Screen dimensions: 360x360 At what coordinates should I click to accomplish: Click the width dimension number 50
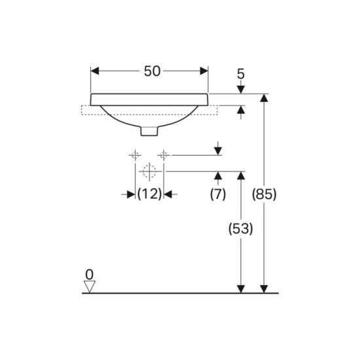click(152, 71)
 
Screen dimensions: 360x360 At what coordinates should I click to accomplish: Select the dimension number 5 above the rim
click(241, 74)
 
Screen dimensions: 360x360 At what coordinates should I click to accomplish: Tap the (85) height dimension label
click(264, 194)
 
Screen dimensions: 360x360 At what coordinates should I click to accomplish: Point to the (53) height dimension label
click(241, 229)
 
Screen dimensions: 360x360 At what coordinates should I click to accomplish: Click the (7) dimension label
click(218, 194)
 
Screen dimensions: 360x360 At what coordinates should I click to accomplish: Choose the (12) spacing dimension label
click(149, 194)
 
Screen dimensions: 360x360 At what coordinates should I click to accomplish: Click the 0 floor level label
click(89, 274)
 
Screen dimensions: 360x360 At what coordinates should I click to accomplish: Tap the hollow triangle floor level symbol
click(89, 287)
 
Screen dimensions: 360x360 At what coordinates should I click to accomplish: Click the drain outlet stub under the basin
click(149, 131)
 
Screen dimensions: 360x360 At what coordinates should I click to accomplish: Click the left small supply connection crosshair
click(135, 155)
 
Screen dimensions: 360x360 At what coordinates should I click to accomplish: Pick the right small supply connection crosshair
click(164, 155)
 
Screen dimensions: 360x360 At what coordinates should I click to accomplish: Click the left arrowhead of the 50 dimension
click(95, 71)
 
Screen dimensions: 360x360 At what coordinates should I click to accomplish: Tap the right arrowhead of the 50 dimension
click(204, 71)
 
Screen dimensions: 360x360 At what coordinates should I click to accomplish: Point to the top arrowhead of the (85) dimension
click(264, 98)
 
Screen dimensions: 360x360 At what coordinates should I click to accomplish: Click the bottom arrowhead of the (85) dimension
click(264, 289)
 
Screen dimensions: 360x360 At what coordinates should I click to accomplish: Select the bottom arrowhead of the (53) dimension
click(241, 289)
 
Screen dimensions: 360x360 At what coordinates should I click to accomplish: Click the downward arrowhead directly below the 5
click(241, 90)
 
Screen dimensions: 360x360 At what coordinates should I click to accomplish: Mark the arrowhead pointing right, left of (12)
click(131, 194)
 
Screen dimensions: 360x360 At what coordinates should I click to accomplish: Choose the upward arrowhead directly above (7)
click(218, 175)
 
